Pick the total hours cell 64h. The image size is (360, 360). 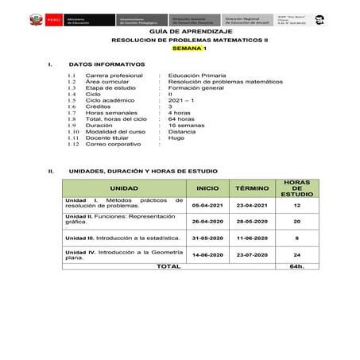pyautogui.click(x=296, y=267)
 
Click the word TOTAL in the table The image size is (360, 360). pyautogui.click(x=168, y=267)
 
